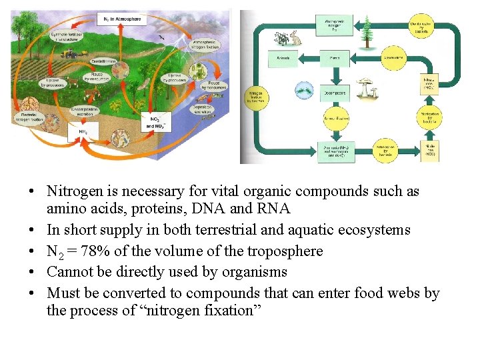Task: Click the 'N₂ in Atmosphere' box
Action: [x=122, y=19]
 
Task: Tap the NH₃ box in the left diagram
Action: [x=83, y=132]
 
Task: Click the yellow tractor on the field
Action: [x=67, y=49]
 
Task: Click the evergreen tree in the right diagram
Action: [x=366, y=32]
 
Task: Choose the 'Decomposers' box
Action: [x=335, y=91]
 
